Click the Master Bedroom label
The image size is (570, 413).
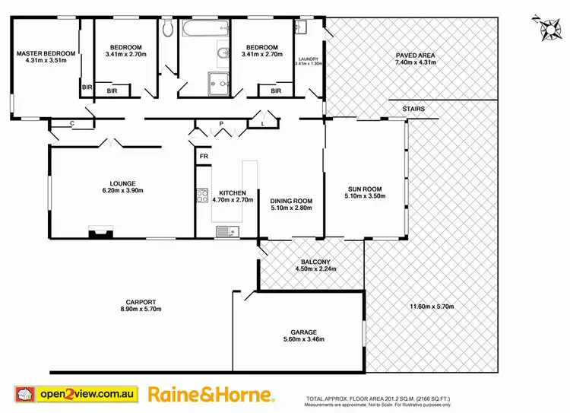click(x=46, y=54)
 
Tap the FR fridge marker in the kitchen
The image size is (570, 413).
click(x=204, y=157)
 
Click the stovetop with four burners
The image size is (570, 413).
click(x=203, y=196)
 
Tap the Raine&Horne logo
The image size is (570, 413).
click(x=211, y=394)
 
